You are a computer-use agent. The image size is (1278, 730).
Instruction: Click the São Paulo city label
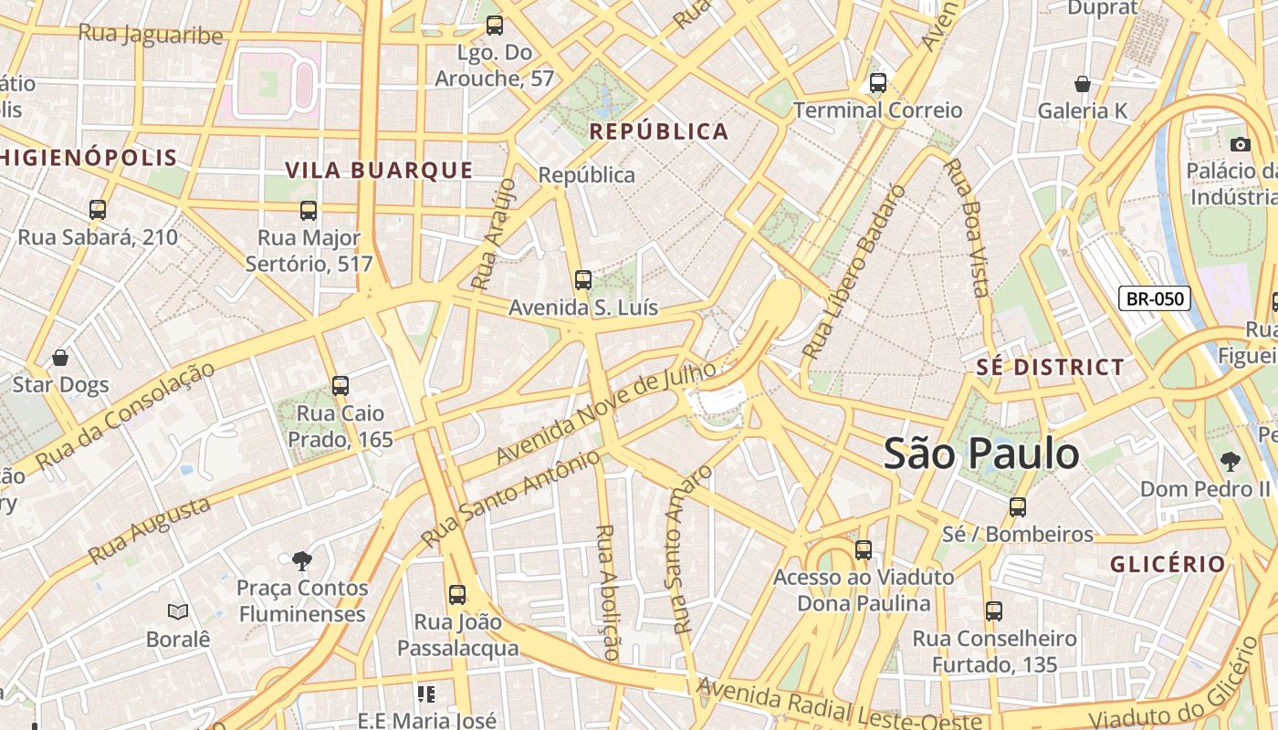point(981,454)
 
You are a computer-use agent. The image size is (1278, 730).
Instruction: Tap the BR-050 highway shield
point(1155,298)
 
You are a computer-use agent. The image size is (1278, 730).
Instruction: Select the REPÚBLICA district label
point(659,131)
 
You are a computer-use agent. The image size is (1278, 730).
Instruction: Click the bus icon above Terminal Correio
point(878,83)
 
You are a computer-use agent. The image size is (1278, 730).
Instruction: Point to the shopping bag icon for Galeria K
point(1083,84)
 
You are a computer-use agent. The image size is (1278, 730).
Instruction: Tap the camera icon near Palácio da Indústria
point(1240,144)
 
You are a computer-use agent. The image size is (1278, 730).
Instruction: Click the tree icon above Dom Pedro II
point(1230,462)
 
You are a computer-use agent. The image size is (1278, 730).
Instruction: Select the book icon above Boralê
point(178,611)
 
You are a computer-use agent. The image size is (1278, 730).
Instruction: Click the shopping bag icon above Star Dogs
point(60,358)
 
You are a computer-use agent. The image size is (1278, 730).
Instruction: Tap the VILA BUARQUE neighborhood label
point(379,171)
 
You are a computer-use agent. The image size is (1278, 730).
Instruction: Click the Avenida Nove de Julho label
point(606,412)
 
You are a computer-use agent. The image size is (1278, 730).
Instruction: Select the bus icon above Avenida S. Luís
point(583,280)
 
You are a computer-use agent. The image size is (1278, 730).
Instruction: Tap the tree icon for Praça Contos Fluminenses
point(302,560)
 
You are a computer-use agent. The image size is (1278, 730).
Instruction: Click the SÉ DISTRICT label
point(1050,368)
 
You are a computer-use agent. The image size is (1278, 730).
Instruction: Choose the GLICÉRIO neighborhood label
point(1168,564)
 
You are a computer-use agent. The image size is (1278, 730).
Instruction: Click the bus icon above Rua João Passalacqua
point(457,595)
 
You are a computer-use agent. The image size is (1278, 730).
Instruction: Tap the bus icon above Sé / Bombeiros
point(1018,507)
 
